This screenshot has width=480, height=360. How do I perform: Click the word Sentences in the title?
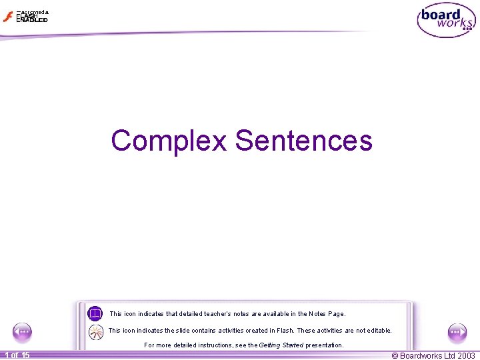tap(303, 141)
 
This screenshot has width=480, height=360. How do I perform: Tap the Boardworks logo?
tap(446, 21)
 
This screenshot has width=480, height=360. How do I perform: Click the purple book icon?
tap(95, 313)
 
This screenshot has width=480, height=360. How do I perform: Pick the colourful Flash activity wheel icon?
tap(96, 331)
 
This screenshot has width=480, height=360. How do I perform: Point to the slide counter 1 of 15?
tap(16, 355)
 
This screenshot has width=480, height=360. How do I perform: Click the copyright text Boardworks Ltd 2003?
tap(433, 355)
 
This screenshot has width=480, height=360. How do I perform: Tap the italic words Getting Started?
tap(281, 345)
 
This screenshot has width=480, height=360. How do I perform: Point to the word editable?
tap(378, 331)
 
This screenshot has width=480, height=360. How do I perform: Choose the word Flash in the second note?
tap(282, 331)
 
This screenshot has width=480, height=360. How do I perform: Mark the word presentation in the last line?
tap(324, 345)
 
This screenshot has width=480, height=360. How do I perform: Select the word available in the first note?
tap(276, 314)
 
